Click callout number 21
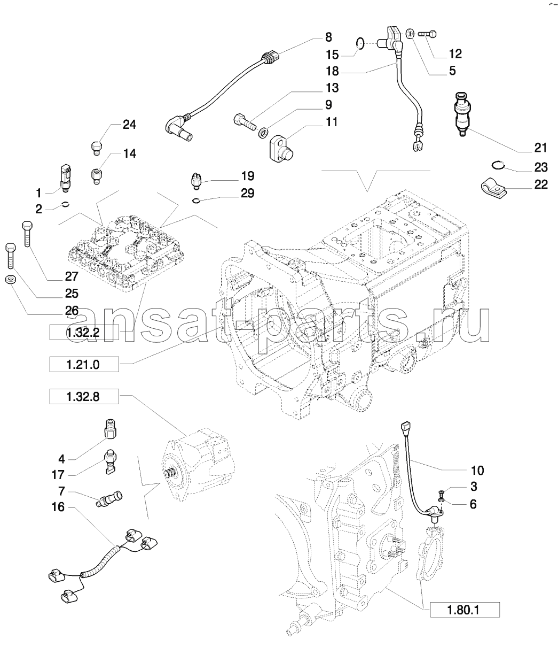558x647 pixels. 540,148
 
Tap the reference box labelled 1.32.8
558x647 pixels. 83,397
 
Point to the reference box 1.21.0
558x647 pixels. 83,365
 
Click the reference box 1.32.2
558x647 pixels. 83,334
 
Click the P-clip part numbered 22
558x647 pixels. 491,186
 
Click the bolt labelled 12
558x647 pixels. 426,34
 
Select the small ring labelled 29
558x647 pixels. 197,201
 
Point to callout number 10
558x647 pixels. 476,470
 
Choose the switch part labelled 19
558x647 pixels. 197,181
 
